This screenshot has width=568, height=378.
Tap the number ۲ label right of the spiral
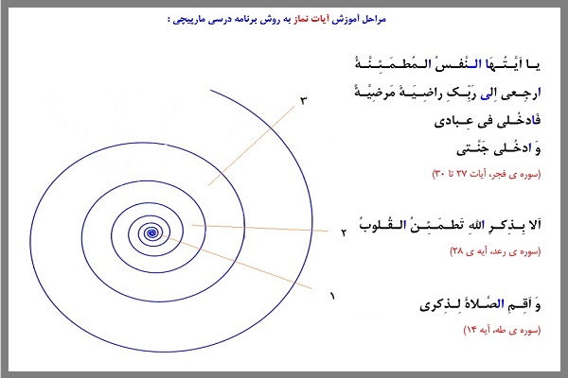tap(345, 231)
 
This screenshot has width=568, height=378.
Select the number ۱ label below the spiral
tap(332, 296)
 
